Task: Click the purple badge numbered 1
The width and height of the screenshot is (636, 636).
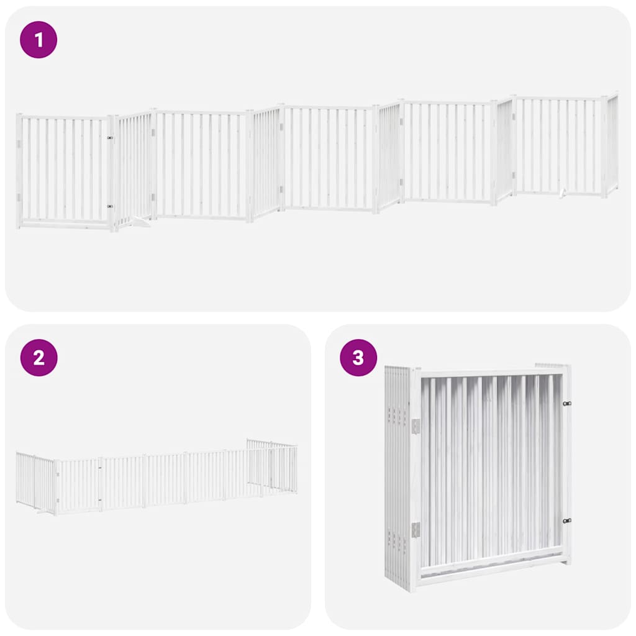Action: [39, 40]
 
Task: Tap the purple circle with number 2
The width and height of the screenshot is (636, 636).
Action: [39, 358]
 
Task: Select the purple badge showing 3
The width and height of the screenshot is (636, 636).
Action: [358, 358]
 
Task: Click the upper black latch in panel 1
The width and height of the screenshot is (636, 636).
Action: [109, 138]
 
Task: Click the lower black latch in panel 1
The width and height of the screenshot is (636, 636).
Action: [109, 206]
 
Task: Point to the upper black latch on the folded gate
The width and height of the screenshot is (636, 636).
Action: [566, 403]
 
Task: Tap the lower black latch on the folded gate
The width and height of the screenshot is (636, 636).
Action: [566, 520]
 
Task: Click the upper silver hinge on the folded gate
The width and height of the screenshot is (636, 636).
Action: [416, 425]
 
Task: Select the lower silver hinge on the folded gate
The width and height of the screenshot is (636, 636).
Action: [416, 529]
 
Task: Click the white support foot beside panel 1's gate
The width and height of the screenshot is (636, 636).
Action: [142, 221]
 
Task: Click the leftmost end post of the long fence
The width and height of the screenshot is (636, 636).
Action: [19, 171]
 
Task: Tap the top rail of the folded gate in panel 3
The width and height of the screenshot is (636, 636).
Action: [491, 373]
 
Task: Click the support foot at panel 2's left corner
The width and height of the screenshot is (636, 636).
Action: [43, 512]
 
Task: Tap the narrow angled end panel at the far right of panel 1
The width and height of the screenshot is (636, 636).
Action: [612, 143]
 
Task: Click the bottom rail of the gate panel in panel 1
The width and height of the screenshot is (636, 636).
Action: [65, 222]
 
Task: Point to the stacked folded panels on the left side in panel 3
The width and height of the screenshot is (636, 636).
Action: [397, 478]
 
